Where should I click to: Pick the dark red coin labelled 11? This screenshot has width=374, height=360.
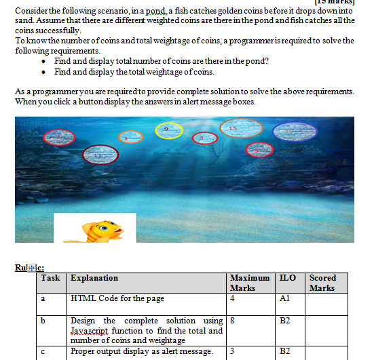tap(98, 155)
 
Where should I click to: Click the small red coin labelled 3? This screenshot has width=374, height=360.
tap(202, 138)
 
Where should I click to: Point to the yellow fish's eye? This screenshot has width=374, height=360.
tap(103, 229)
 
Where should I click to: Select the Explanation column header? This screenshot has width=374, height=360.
tap(94, 278)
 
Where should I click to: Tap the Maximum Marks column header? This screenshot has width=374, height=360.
tap(249, 283)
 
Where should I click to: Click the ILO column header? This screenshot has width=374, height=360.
tap(287, 278)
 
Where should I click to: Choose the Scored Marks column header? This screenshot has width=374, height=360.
tap(322, 283)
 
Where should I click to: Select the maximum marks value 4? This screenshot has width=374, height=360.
tap(233, 298)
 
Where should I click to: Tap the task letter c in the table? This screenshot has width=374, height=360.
tap(43, 351)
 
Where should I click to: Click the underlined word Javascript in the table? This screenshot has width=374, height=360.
tap(90, 330)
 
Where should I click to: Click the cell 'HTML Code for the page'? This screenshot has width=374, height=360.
tap(117, 298)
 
